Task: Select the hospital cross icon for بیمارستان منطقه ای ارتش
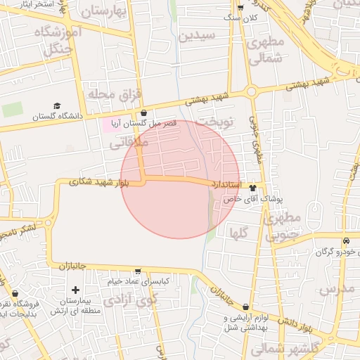tap(76, 290)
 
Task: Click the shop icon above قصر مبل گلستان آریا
tap(143, 112)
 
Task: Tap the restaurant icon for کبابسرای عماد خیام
tap(137, 271)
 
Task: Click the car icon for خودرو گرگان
tap(345, 242)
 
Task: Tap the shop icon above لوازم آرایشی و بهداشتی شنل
tap(245, 307)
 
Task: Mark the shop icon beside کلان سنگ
tap(241, 7)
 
